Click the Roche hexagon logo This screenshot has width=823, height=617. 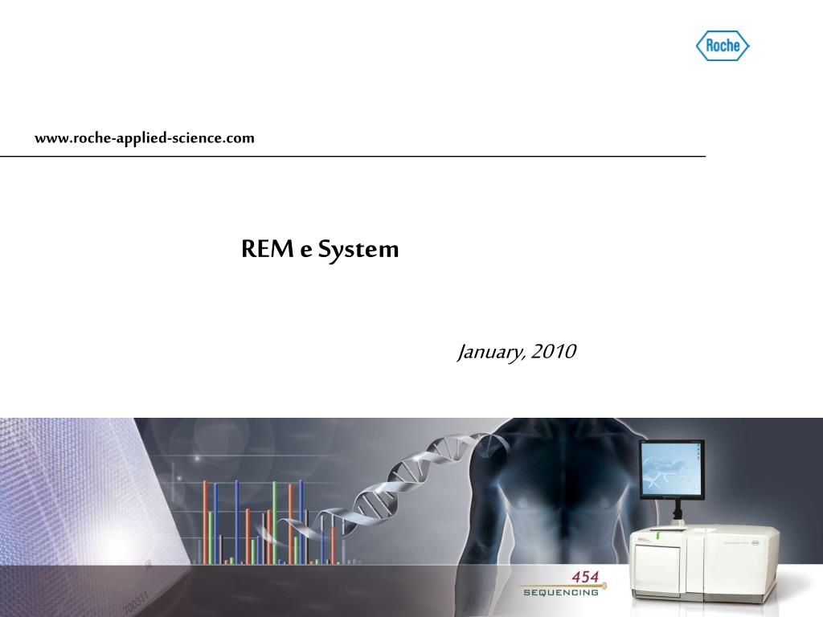click(722, 46)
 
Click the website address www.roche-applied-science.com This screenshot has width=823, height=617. click(144, 138)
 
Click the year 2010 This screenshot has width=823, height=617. click(554, 352)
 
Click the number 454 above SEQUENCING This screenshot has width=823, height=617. click(584, 578)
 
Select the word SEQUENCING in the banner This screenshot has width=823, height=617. click(561, 593)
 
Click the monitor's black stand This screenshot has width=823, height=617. click(677, 511)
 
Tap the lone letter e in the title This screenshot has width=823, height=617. click(305, 251)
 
